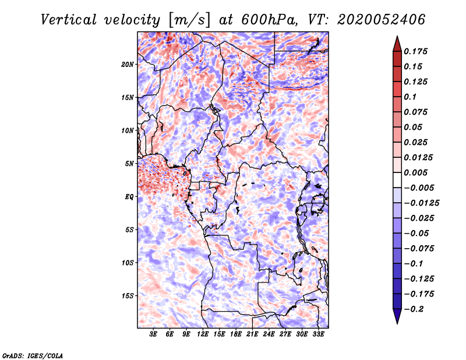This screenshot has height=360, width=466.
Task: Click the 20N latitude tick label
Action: [128, 64]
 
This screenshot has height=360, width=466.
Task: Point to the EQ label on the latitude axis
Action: [130, 197]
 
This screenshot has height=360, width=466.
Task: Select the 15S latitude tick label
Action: [128, 296]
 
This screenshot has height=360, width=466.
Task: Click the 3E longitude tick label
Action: [154, 334]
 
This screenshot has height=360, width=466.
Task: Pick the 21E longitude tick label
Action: [253, 334]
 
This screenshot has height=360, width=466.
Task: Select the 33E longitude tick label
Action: [319, 334]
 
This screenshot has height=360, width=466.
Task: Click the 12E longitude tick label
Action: [203, 334]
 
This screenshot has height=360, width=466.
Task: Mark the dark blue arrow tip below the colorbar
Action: [396, 319]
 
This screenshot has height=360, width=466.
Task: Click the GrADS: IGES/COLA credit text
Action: [32, 355]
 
